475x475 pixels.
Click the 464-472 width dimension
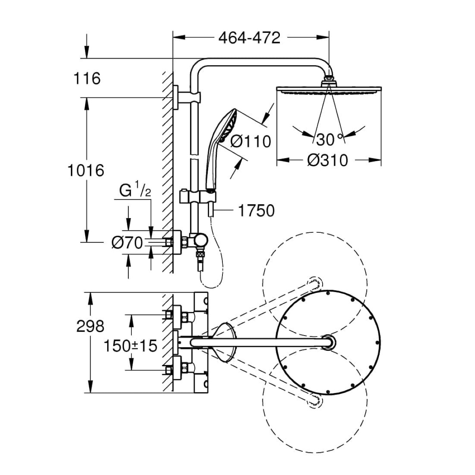[x=249, y=38]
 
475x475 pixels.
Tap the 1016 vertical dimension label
[x=85, y=170]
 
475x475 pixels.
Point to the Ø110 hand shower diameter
[x=250, y=141]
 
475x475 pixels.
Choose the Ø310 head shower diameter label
[x=328, y=160]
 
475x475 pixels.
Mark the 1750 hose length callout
[x=256, y=211]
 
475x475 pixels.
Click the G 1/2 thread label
[x=135, y=191]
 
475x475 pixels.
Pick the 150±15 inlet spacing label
[x=130, y=346]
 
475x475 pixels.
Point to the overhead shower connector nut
[x=328, y=80]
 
